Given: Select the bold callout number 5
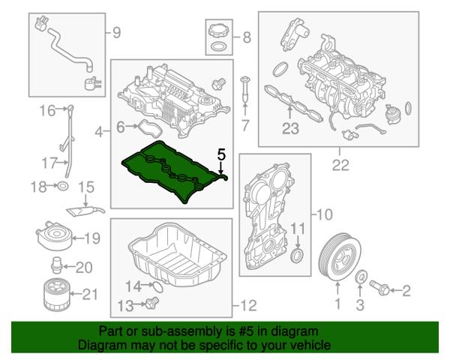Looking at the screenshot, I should click(x=220, y=154).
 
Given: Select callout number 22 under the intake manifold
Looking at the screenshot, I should click(x=340, y=166).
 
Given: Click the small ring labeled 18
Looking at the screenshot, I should click(x=63, y=185).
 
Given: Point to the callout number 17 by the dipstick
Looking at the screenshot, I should click(x=49, y=162).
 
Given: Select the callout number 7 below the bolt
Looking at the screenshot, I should click(x=244, y=124).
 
